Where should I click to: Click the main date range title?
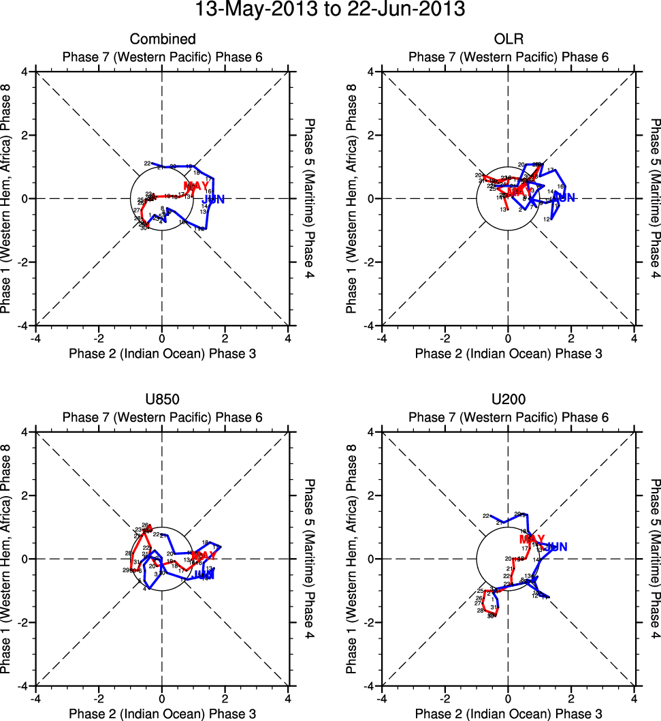point(330,11)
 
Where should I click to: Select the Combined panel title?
point(162,39)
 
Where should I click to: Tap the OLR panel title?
point(508,39)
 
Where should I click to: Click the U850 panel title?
point(162,400)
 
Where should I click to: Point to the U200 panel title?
point(508,400)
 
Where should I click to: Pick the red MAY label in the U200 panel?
point(532,539)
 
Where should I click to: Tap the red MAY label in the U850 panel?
point(204,556)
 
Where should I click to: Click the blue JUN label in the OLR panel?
point(564,198)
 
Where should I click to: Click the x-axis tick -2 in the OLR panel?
point(445,337)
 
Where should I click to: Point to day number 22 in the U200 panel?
point(486,516)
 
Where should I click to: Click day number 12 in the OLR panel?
point(546,219)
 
